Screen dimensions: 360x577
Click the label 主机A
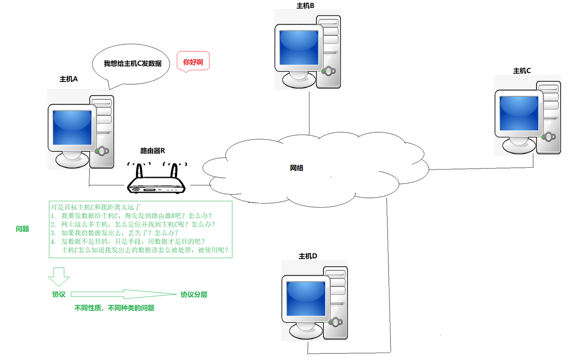click(x=68, y=79)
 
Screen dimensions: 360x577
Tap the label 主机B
click(x=305, y=6)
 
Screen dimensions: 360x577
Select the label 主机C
click(x=522, y=71)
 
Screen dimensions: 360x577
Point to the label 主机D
click(x=308, y=256)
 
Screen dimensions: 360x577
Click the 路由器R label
click(x=153, y=151)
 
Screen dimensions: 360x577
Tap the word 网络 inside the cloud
click(x=296, y=168)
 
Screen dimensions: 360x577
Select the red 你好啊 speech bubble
click(x=193, y=61)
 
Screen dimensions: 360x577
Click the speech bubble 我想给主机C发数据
click(x=132, y=63)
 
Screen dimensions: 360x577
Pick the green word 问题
click(x=22, y=229)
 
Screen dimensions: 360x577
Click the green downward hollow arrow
click(x=59, y=277)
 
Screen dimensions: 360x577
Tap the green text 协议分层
click(x=194, y=295)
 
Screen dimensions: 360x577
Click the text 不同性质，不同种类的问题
click(x=114, y=308)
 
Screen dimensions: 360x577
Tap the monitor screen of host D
click(x=305, y=298)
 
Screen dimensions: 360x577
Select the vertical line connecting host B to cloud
click(x=309, y=112)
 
